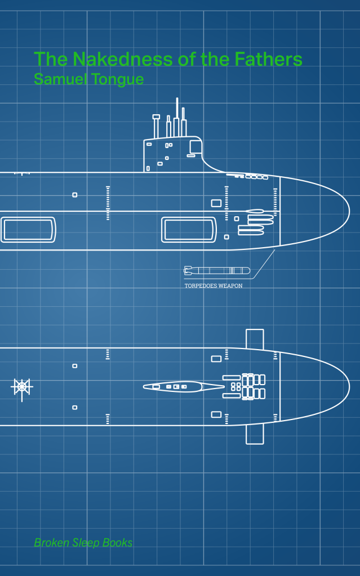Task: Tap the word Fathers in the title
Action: (x=268, y=59)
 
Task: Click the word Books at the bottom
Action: (x=117, y=542)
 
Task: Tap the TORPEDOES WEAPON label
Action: (x=214, y=285)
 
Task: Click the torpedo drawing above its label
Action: (x=217, y=271)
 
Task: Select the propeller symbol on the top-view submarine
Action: (x=22, y=387)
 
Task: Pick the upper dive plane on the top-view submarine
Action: (x=255, y=339)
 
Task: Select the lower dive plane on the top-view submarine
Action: (x=255, y=434)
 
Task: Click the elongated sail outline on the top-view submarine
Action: (x=184, y=386)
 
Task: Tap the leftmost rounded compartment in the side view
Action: (x=28, y=230)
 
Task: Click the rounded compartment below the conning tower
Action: (x=189, y=230)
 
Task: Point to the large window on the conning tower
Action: (x=195, y=147)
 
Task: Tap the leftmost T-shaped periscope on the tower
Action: (x=156, y=126)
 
